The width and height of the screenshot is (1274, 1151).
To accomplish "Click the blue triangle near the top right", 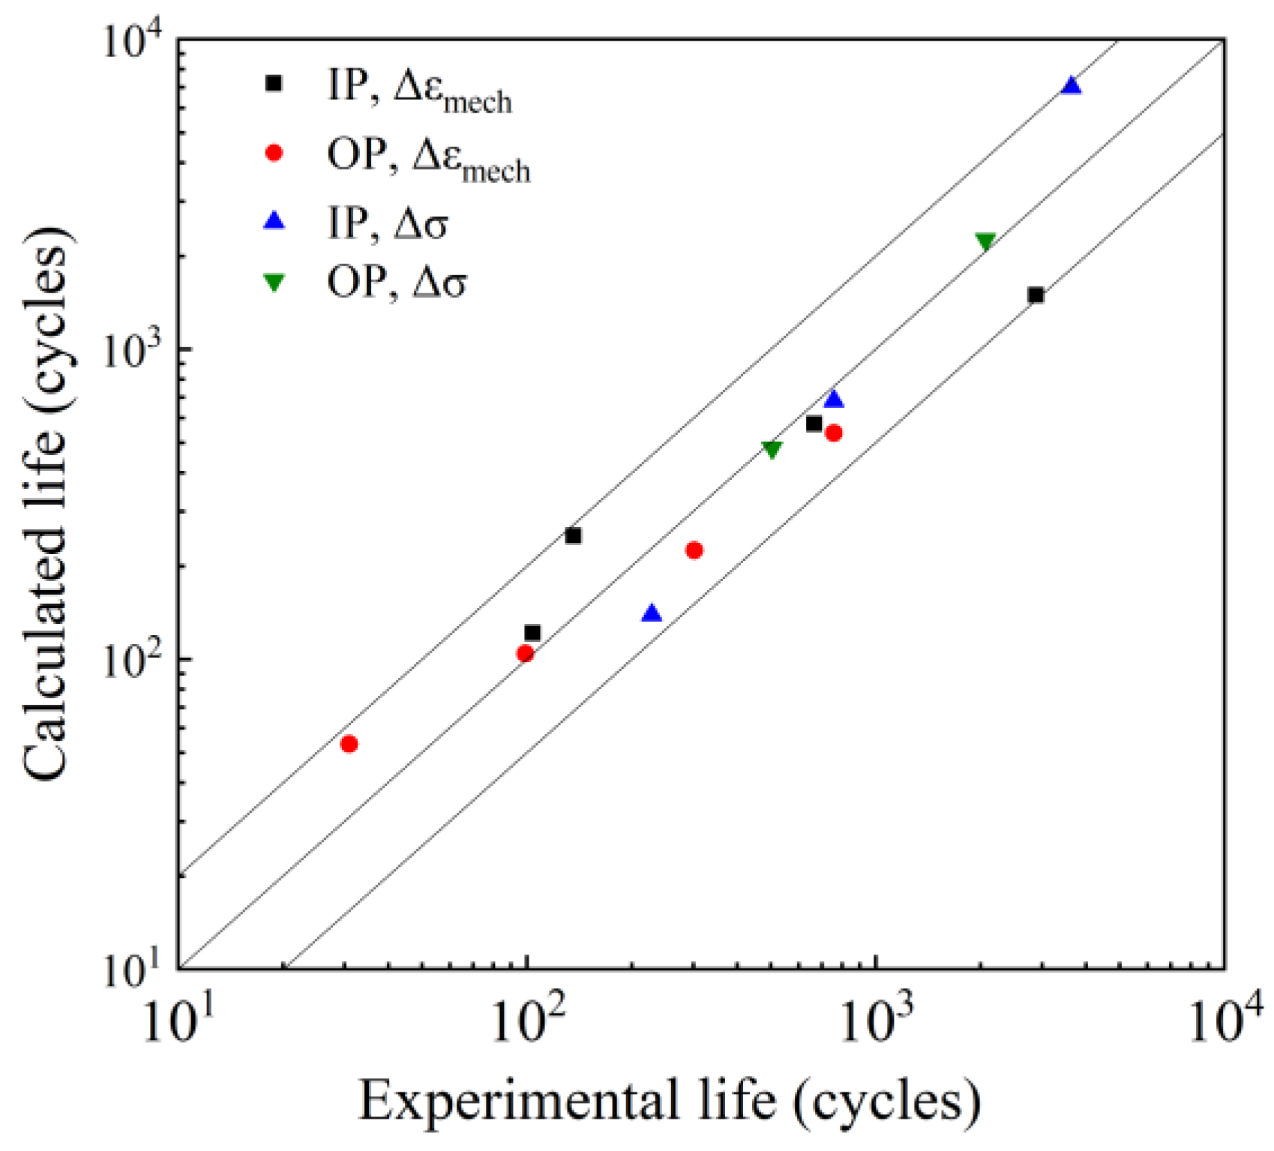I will [1072, 86].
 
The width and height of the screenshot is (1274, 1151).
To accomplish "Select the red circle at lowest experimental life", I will [349, 744].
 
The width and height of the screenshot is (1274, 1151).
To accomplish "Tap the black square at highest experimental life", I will [1036, 295].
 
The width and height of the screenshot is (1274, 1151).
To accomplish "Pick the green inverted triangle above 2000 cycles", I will [985, 241].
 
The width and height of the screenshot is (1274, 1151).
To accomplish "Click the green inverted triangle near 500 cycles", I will [772, 448].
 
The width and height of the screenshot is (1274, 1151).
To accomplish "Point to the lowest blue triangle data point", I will [652, 613].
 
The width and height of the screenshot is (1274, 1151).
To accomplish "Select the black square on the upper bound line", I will [573, 535].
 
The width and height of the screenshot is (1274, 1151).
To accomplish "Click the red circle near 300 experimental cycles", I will [694, 550].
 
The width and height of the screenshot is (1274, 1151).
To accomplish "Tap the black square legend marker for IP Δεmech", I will [274, 83].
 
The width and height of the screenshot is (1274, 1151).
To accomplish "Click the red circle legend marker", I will [274, 153].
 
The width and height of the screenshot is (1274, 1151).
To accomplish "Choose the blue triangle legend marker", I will [275, 221].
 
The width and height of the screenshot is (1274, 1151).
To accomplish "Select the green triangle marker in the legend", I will [274, 283].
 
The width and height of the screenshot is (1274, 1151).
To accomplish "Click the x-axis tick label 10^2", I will [528, 1021].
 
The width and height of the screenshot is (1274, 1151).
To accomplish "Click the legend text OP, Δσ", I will [397, 283].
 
